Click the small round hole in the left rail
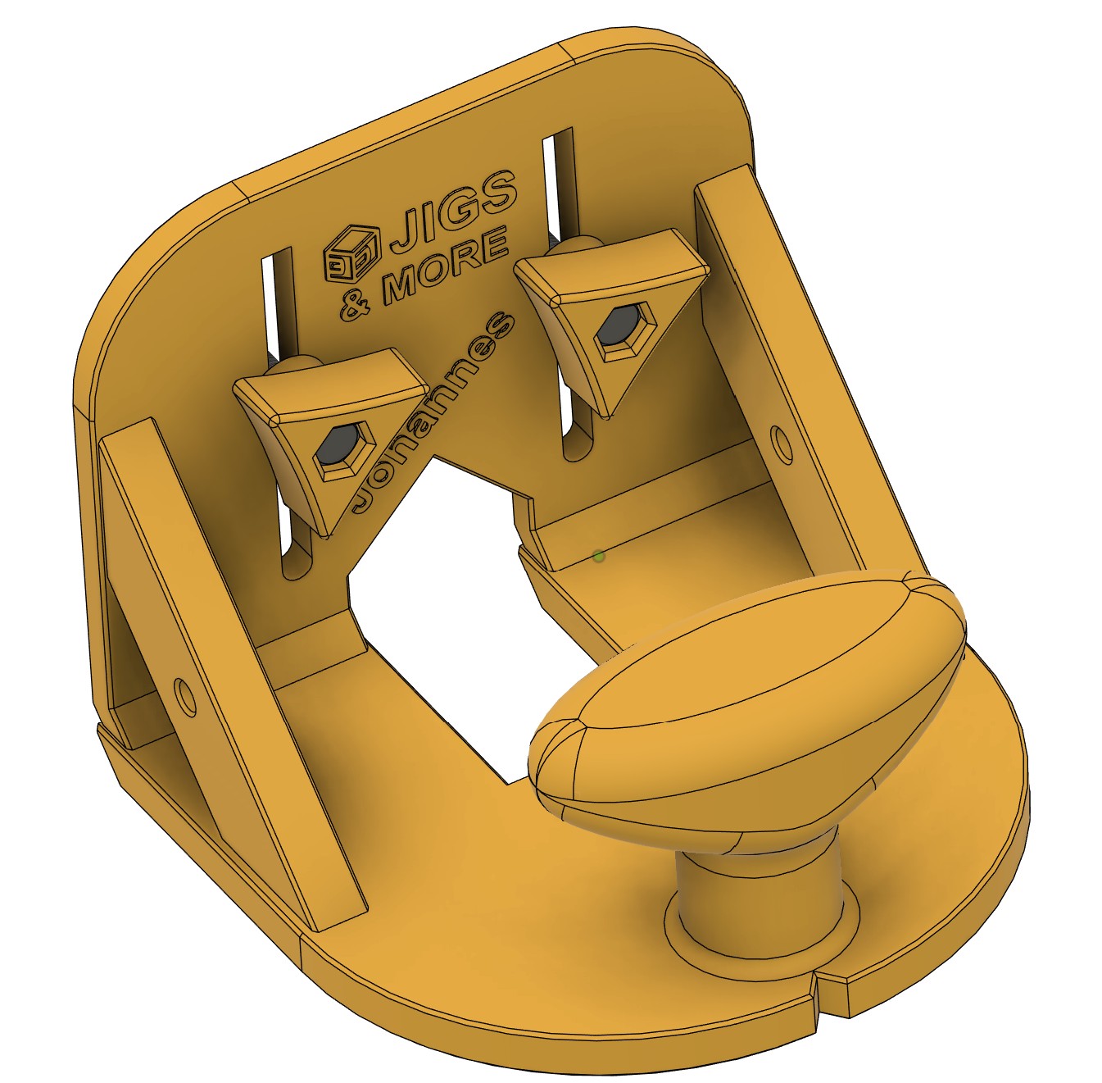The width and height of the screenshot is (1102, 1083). (184, 694)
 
